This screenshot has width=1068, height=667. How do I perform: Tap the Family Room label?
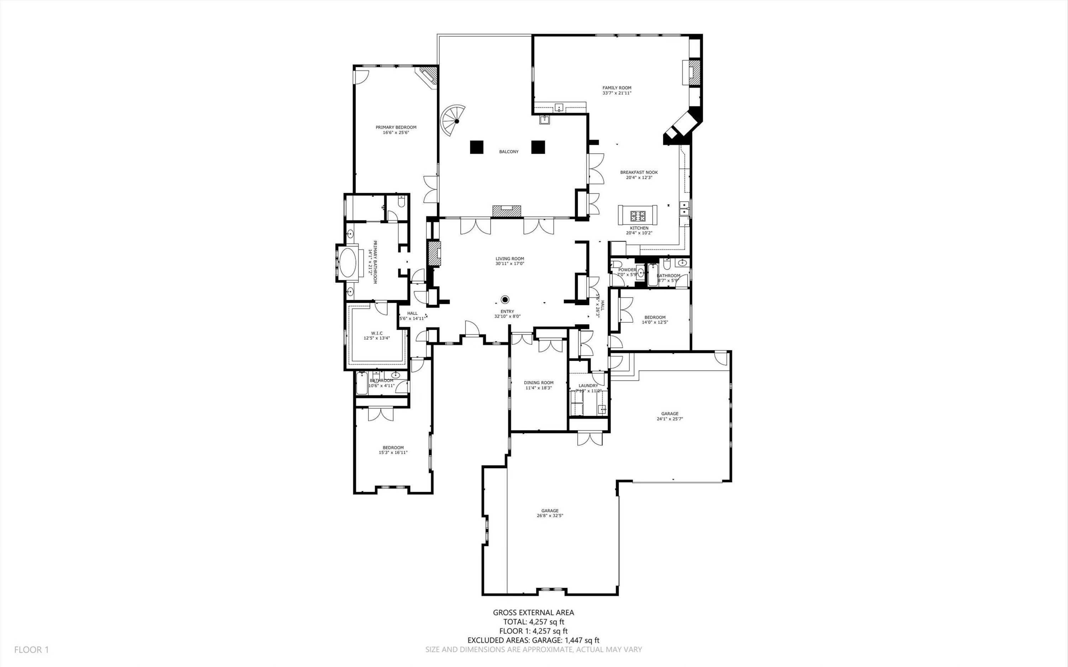[617, 88]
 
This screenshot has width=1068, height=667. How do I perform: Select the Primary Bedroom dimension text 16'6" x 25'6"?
[396, 132]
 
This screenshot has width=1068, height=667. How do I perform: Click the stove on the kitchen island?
[637, 216]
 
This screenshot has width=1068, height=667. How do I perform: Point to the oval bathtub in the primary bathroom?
[347, 262]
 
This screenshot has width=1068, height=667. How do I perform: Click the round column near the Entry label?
[505, 299]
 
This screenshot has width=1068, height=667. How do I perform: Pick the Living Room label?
[509, 259]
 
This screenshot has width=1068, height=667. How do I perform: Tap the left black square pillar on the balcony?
[477, 147]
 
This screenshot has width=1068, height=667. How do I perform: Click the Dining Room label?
[538, 383]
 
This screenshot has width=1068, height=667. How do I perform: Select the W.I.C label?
[377, 333]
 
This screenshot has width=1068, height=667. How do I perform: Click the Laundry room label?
[588, 386]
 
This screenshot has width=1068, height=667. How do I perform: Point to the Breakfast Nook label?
[639, 172]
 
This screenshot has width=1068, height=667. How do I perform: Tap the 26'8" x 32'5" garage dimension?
[550, 516]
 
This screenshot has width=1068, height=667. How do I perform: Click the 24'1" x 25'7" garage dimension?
[670, 419]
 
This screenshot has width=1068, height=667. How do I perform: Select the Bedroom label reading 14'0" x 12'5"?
[655, 317]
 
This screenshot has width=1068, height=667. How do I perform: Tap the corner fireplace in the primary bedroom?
[428, 76]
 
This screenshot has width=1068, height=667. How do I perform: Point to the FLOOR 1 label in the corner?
[31, 649]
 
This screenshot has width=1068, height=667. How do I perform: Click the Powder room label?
[627, 270]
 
